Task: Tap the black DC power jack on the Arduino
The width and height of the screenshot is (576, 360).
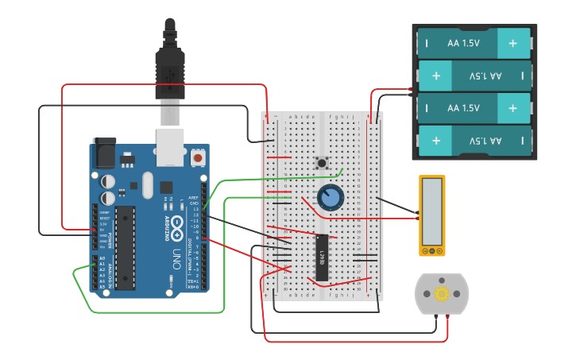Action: tap(104, 152)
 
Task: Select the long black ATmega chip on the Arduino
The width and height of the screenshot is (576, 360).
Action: tap(126, 247)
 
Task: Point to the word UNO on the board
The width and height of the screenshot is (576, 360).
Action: tap(176, 259)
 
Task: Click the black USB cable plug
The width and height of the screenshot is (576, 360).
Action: tap(170, 72)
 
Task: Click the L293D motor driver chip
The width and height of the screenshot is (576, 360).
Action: tap(322, 257)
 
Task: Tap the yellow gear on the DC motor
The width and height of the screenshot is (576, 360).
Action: tap(441, 293)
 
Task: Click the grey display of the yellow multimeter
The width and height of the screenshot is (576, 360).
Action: tap(432, 211)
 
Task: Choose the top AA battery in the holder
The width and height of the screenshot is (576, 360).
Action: tap(474, 42)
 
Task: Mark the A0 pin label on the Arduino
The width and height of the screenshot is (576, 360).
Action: tap(102, 259)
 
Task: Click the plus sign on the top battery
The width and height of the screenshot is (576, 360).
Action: tap(513, 42)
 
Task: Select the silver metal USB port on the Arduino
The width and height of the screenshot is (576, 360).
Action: tap(170, 147)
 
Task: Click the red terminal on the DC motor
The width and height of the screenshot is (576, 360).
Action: tap(448, 318)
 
